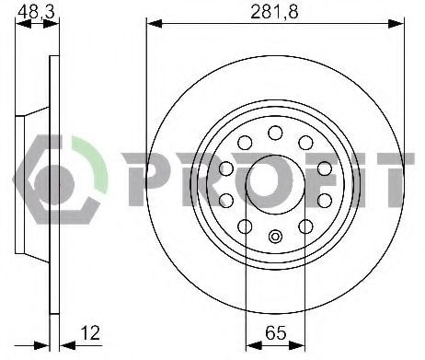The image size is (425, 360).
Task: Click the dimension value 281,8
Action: [274, 12]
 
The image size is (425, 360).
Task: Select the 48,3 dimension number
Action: [36, 12]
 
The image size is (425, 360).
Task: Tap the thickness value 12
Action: [91, 332]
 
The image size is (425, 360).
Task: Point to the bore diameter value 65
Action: [276, 332]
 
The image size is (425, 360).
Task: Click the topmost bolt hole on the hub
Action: [275, 133]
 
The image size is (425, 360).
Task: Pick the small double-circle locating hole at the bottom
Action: [275, 237]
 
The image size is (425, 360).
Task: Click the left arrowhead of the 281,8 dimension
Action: [155, 23]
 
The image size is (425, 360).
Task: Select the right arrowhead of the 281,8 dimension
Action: [396, 23]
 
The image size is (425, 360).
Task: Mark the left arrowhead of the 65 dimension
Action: [254, 345]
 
